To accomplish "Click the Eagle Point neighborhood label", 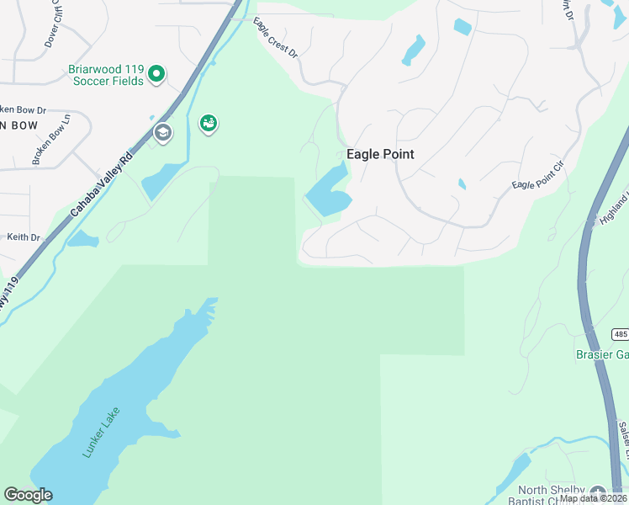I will [x=380, y=154].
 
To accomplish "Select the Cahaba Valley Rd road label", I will [x=103, y=183].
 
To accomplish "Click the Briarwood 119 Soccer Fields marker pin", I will [x=156, y=75].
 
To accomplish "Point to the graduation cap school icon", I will [x=162, y=132].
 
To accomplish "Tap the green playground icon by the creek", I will [x=208, y=125].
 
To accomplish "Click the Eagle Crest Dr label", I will [x=276, y=40].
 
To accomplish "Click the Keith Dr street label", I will [x=24, y=237].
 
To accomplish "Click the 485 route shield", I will [x=620, y=334].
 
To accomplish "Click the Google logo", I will [x=28, y=495].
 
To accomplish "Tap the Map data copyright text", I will [x=592, y=498].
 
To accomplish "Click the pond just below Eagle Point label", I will [x=327, y=194].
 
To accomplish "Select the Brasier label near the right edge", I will [x=601, y=355].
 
